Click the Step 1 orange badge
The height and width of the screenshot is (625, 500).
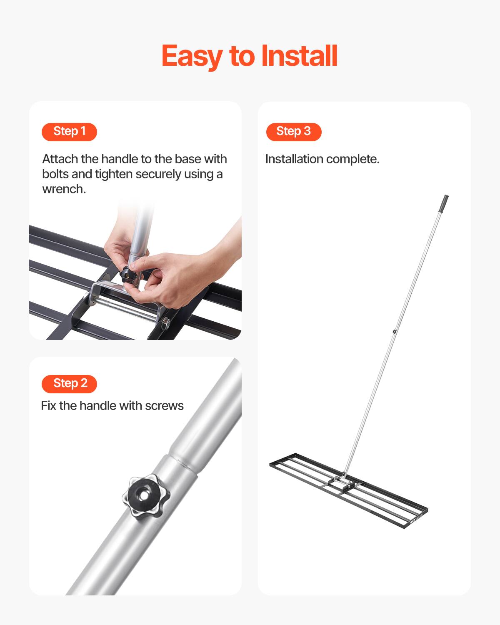coord(69,132)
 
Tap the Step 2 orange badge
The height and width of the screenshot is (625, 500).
coord(69,383)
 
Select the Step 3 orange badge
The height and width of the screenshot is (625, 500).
coord(294,132)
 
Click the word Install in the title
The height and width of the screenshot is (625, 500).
coord(299,56)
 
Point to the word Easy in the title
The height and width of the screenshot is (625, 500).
coord(191,56)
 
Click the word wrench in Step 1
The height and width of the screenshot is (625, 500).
coord(63,189)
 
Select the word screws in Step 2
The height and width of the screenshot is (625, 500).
coord(164,406)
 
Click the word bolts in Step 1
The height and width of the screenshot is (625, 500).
coord(55,174)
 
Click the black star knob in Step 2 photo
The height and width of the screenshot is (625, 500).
coord(146,495)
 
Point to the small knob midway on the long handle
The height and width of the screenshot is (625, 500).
coord(394,332)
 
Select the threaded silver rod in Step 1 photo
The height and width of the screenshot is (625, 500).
coord(125,308)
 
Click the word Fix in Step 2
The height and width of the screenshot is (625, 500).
coord(48,406)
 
